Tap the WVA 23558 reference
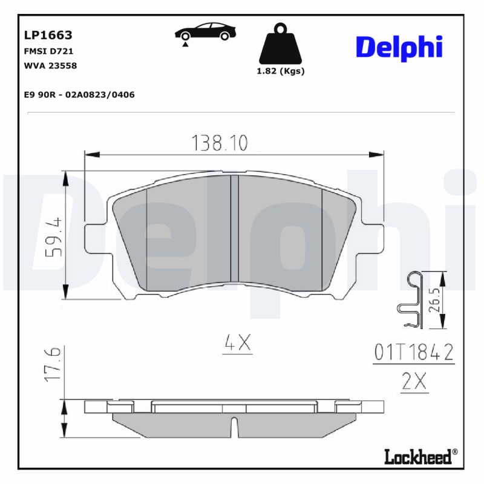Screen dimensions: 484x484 pyautogui.click(x=50, y=65)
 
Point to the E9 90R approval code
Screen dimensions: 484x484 pyautogui.click(x=79, y=94)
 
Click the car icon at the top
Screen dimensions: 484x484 pyautogui.click(x=205, y=33)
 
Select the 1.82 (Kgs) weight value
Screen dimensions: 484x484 pyautogui.click(x=281, y=71)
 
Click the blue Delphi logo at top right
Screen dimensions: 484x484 pyautogui.click(x=399, y=47)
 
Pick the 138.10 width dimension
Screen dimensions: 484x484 pyautogui.click(x=220, y=143)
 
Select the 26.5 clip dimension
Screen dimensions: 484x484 pyautogui.click(x=433, y=299)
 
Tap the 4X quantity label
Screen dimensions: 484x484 pyautogui.click(x=237, y=344)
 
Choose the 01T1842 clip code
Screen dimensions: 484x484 pyautogui.click(x=414, y=353)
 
